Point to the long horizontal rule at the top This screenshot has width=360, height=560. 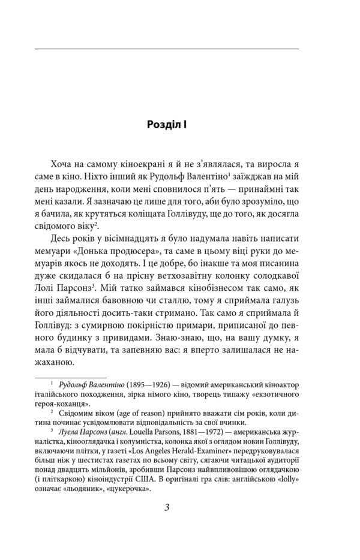(167, 48)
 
